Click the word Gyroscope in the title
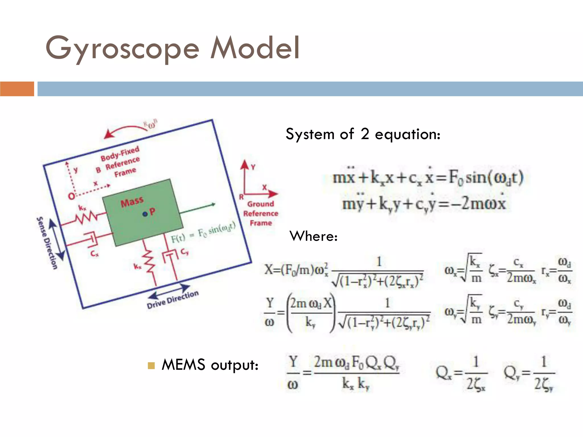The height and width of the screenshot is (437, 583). tap(122, 48)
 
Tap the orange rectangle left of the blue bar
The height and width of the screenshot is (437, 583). tap(17, 89)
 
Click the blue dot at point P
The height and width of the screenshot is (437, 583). tap(145, 214)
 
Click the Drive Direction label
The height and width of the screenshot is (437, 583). tap(173, 299)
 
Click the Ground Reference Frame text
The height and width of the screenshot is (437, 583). tap(260, 213)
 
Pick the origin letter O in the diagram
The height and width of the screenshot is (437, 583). tap(71, 196)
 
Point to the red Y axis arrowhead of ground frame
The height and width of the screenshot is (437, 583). tap(245, 165)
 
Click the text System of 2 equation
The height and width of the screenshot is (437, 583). tap(363, 134)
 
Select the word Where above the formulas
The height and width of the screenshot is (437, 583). tap(313, 236)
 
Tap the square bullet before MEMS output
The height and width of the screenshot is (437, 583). tap(151, 365)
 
